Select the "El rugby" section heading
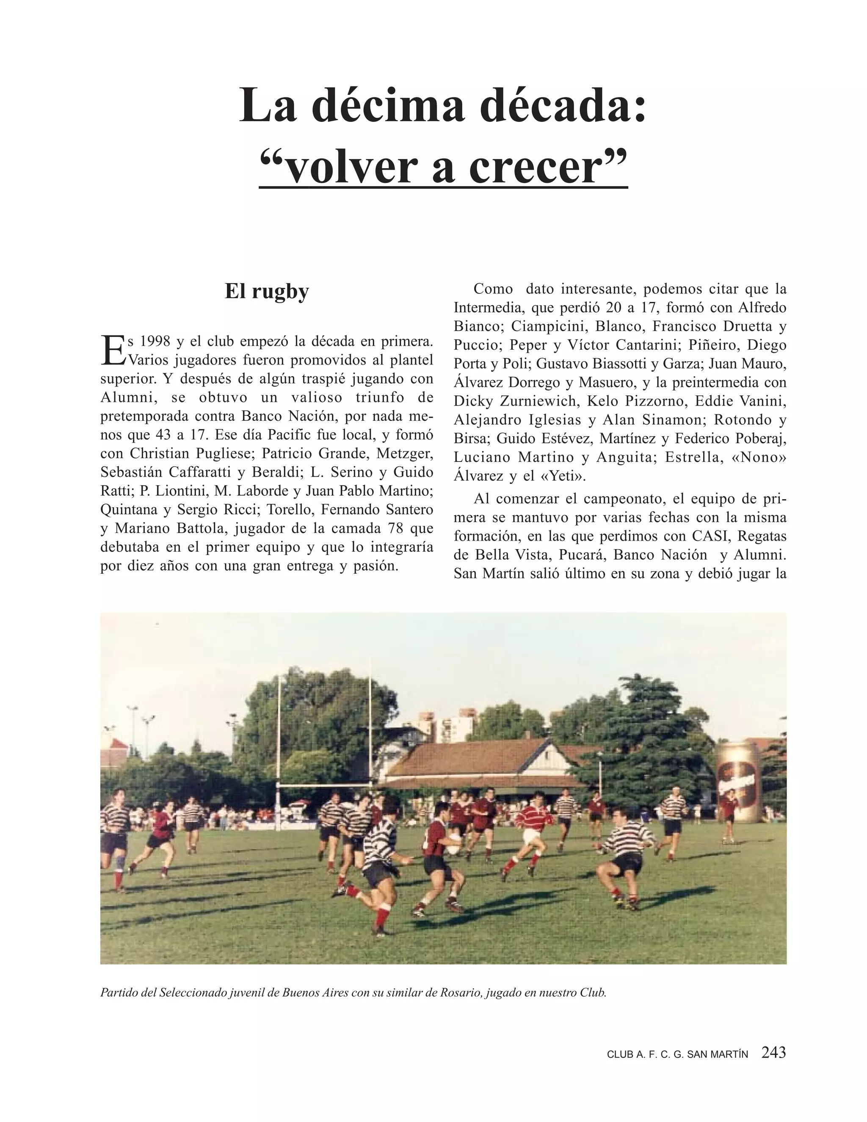(267, 291)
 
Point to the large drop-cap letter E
(113, 351)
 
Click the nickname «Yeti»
(563, 476)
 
